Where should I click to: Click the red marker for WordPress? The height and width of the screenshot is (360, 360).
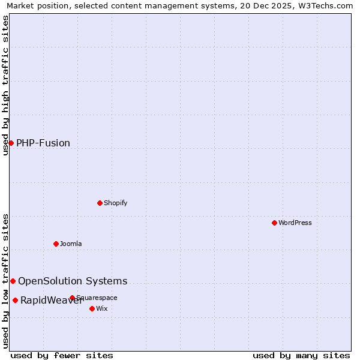pyautogui.click(x=274, y=223)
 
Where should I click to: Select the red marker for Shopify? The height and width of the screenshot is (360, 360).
pyautogui.click(x=100, y=203)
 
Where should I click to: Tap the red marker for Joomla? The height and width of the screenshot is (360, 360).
pyautogui.click(x=56, y=244)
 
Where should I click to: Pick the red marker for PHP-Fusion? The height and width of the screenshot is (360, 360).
pyautogui.click(x=11, y=143)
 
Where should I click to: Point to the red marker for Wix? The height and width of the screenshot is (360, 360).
pyautogui.click(x=92, y=308)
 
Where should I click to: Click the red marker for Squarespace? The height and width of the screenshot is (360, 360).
pyautogui.click(x=72, y=298)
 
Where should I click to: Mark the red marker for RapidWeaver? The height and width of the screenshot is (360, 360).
pyautogui.click(x=15, y=300)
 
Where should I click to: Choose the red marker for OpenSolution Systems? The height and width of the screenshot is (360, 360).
pyautogui.click(x=13, y=281)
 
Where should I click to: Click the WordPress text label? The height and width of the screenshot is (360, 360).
pyautogui.click(x=295, y=223)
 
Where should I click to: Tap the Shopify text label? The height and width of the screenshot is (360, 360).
pyautogui.click(x=116, y=203)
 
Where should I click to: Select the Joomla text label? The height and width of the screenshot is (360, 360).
pyautogui.click(x=71, y=244)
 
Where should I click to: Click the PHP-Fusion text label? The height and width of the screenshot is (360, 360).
pyautogui.click(x=43, y=143)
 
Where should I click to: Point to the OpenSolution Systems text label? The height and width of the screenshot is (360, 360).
pyautogui.click(x=73, y=281)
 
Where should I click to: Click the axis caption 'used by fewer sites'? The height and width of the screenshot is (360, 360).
pyautogui.click(x=62, y=355)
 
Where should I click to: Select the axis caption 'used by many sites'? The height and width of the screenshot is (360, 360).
pyautogui.click(x=301, y=355)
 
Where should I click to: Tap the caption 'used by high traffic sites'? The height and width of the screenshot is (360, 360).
pyautogui.click(x=6, y=85)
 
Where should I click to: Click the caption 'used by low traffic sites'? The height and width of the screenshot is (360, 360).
pyautogui.click(x=6, y=281)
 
